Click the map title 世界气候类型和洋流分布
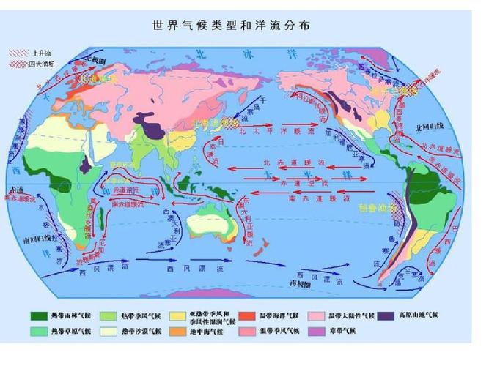231,25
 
